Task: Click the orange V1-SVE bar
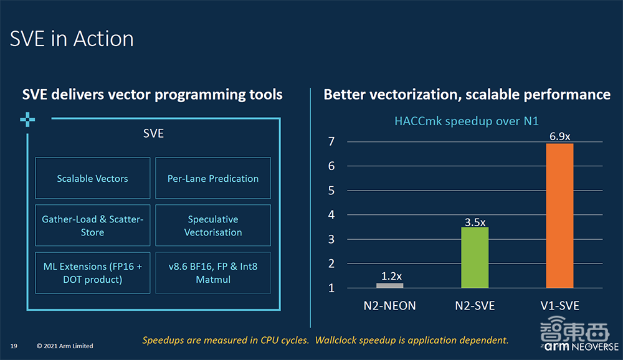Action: tap(559, 216)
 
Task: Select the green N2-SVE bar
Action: tap(475, 257)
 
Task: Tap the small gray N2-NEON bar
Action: tap(390, 285)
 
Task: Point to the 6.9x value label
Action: tap(559, 136)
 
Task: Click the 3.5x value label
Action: tap(475, 221)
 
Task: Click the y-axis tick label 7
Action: tap(331, 141)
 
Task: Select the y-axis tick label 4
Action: tap(331, 215)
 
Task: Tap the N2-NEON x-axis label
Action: tap(390, 305)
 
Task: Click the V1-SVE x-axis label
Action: tap(559, 305)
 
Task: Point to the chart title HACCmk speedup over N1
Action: tap(466, 121)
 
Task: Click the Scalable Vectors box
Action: tap(92, 178)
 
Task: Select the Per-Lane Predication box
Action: tap(213, 178)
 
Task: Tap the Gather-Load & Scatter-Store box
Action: tap(92, 225)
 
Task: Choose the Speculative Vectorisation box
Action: tap(213, 225)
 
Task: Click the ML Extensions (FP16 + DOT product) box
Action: tap(92, 273)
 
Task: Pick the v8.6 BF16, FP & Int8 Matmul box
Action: tap(213, 273)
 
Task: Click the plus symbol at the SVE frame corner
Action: tap(27, 120)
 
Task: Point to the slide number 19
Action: tap(13, 346)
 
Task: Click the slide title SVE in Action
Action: tap(72, 39)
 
